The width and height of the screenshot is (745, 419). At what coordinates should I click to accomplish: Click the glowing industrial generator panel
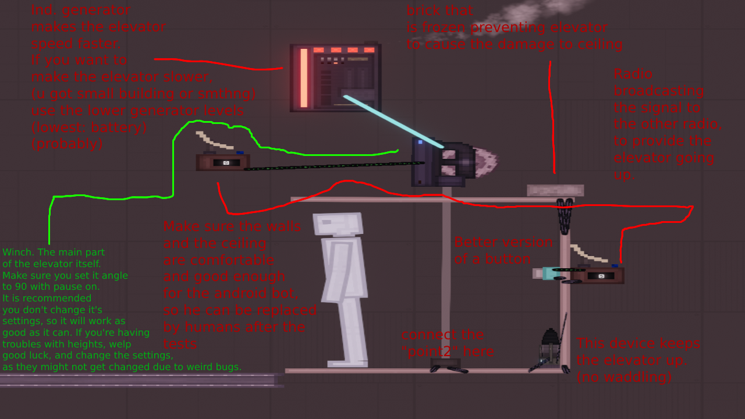pos(336,77)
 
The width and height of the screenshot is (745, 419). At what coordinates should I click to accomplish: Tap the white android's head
pos(338,224)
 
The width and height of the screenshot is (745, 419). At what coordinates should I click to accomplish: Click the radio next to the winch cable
pos(223,162)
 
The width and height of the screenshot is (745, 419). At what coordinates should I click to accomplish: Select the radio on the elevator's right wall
pos(598,275)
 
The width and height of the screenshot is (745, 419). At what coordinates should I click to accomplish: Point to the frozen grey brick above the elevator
pos(555,190)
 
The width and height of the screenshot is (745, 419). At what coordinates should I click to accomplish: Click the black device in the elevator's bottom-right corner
pos(548,350)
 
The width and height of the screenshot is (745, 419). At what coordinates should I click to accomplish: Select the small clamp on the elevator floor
pos(446,365)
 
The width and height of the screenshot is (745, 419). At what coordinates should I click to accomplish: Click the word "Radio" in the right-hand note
pos(633,74)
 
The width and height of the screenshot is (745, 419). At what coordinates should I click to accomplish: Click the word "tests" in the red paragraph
pos(180,344)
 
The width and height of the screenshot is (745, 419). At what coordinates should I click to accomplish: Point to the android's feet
pos(347,363)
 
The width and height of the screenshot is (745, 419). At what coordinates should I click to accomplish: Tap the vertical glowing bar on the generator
pos(304,78)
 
